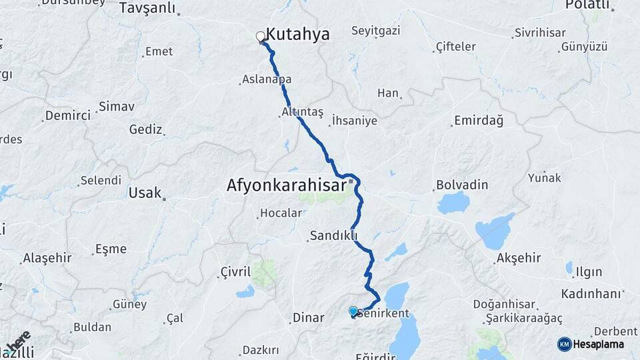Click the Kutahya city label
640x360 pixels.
click(x=297, y=34)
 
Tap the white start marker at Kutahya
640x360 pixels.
click(x=261, y=37)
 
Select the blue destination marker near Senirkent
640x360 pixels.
click(x=353, y=311)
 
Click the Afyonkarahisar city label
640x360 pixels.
click(x=287, y=184)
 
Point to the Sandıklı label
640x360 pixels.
click(x=333, y=235)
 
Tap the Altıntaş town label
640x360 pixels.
click(x=302, y=112)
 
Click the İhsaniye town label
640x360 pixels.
click(x=354, y=121)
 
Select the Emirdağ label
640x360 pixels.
click(x=478, y=121)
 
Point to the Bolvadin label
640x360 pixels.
click(x=462, y=185)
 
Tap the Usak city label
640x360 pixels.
click(x=145, y=193)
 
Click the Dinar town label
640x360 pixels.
click(x=309, y=319)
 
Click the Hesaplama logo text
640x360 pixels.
click(x=599, y=344)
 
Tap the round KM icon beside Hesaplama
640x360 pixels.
click(x=565, y=344)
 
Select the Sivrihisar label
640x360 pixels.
click(x=539, y=33)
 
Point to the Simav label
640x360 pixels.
click(x=116, y=107)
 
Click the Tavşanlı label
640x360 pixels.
click(x=147, y=8)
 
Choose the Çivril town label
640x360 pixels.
click(x=235, y=271)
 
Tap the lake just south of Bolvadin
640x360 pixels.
click(x=453, y=202)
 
